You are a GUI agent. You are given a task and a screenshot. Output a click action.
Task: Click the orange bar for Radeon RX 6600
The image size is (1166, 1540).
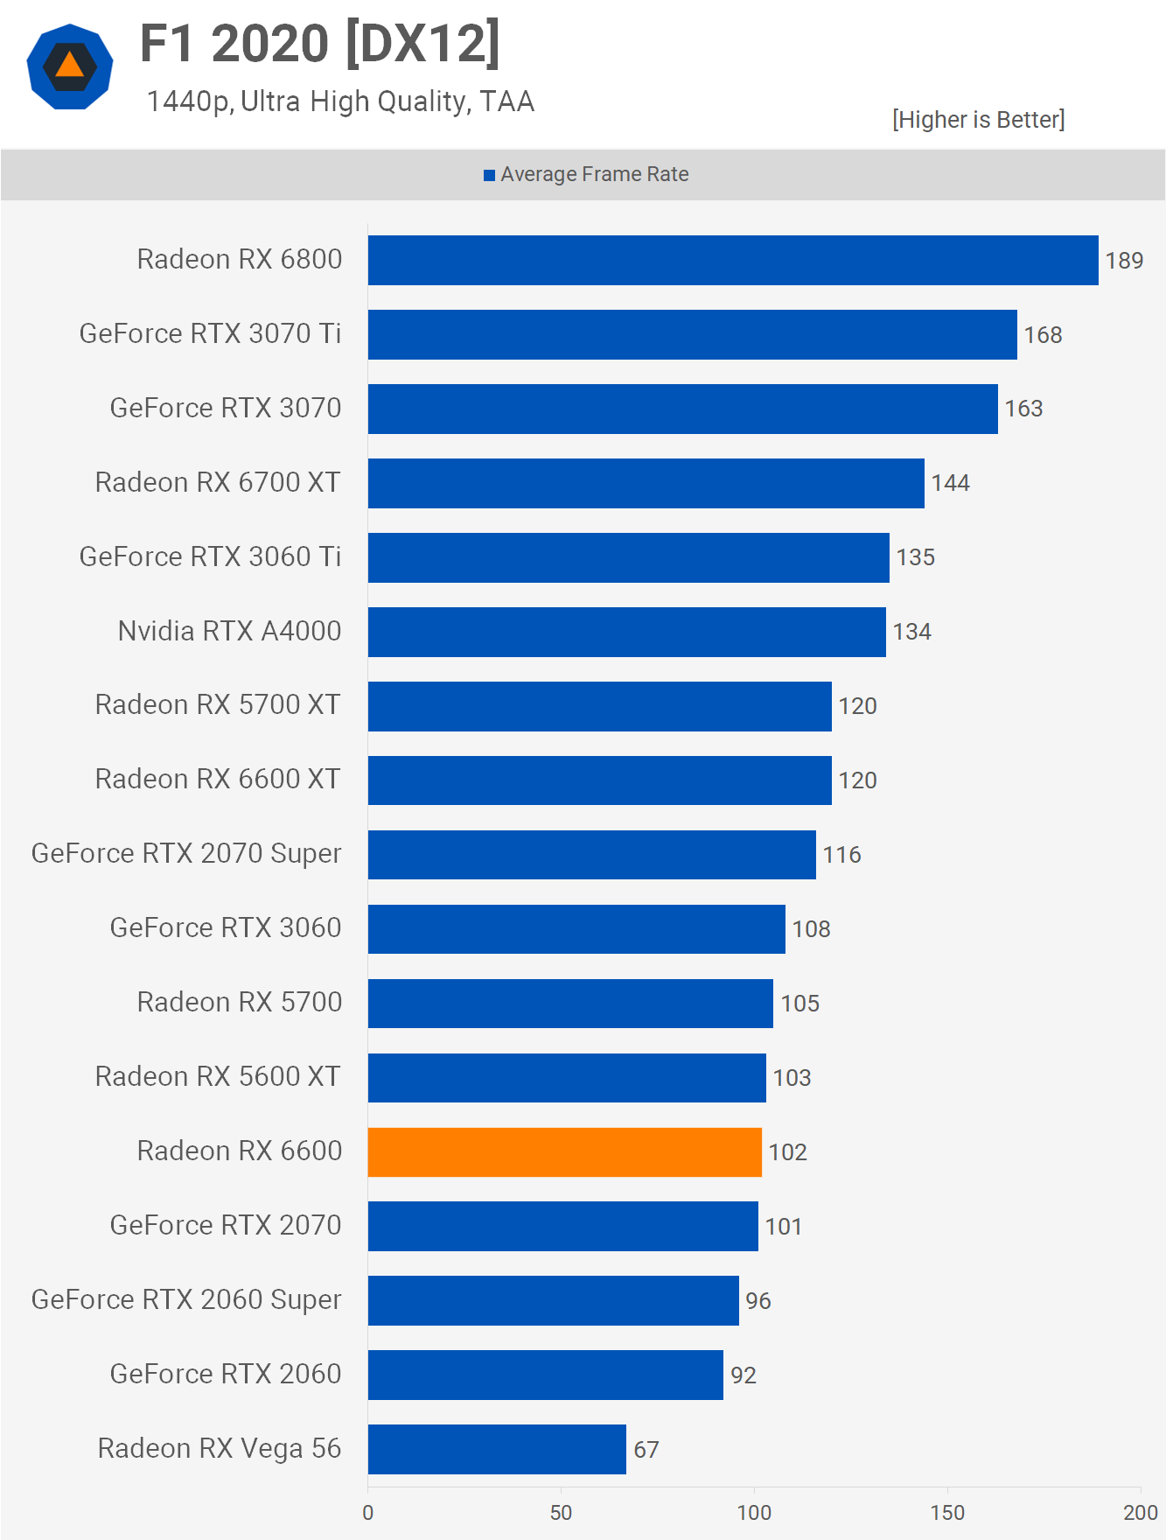click(564, 1151)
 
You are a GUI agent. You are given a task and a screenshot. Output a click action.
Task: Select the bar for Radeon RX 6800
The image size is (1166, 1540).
click(733, 260)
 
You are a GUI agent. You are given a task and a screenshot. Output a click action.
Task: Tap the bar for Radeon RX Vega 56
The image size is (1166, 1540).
click(497, 1449)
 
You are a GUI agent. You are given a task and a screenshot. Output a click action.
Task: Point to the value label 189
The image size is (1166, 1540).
click(1124, 261)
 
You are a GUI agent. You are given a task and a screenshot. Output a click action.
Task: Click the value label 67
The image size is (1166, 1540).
click(646, 1450)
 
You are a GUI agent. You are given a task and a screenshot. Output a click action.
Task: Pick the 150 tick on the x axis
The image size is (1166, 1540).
click(947, 1512)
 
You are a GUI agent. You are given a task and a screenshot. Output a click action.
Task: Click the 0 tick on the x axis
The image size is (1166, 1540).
click(368, 1512)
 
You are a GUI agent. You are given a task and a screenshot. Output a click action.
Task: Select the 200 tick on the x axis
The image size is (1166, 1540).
click(1140, 1512)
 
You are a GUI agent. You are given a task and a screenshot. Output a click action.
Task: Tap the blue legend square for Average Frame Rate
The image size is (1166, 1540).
click(490, 175)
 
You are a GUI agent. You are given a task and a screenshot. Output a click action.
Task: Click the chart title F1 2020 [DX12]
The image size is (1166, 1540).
click(320, 44)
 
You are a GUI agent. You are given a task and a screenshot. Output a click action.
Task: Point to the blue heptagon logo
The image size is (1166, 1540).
click(70, 66)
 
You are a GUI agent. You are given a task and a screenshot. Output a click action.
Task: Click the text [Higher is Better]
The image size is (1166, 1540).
click(978, 120)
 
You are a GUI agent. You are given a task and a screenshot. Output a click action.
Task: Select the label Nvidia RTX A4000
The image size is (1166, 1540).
click(229, 631)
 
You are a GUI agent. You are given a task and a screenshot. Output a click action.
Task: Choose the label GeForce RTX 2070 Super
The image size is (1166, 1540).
click(186, 854)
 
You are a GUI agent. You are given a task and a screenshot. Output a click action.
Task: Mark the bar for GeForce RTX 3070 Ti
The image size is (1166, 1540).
click(692, 334)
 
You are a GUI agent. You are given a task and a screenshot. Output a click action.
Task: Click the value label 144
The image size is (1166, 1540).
click(950, 483)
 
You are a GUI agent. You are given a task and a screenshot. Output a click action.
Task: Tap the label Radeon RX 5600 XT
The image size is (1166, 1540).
click(218, 1077)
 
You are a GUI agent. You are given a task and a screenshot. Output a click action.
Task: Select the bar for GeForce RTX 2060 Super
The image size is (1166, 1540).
click(553, 1300)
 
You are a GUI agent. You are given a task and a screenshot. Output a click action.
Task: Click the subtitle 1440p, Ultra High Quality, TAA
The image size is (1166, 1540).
click(340, 101)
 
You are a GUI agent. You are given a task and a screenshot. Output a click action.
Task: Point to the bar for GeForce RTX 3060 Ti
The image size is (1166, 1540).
click(628, 557)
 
